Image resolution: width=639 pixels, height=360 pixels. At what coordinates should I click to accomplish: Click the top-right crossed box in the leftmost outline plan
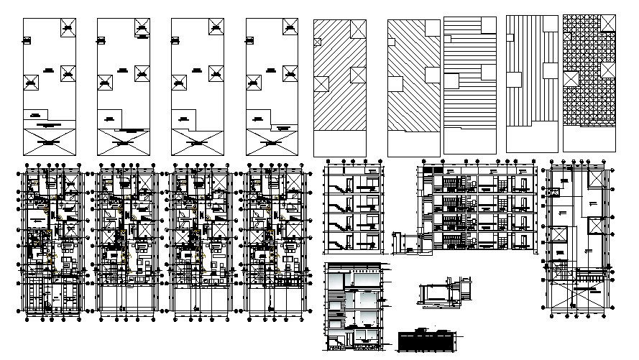pyautogui.click(x=67, y=28)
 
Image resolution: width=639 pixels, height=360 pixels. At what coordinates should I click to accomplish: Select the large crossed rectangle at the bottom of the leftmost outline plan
pyautogui.click(x=49, y=142)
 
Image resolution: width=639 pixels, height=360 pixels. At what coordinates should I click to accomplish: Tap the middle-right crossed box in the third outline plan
pyautogui.click(x=215, y=72)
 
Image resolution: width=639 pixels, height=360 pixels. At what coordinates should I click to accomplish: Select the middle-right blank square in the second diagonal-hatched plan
pyautogui.click(x=432, y=74)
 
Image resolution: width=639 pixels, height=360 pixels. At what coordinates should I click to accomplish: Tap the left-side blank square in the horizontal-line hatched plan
pyautogui.click(x=452, y=80)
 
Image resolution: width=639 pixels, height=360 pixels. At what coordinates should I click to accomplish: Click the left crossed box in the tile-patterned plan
pyautogui.click(x=571, y=78)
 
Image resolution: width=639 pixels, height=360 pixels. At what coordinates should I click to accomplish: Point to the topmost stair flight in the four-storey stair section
pyautogui.click(x=336, y=183)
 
